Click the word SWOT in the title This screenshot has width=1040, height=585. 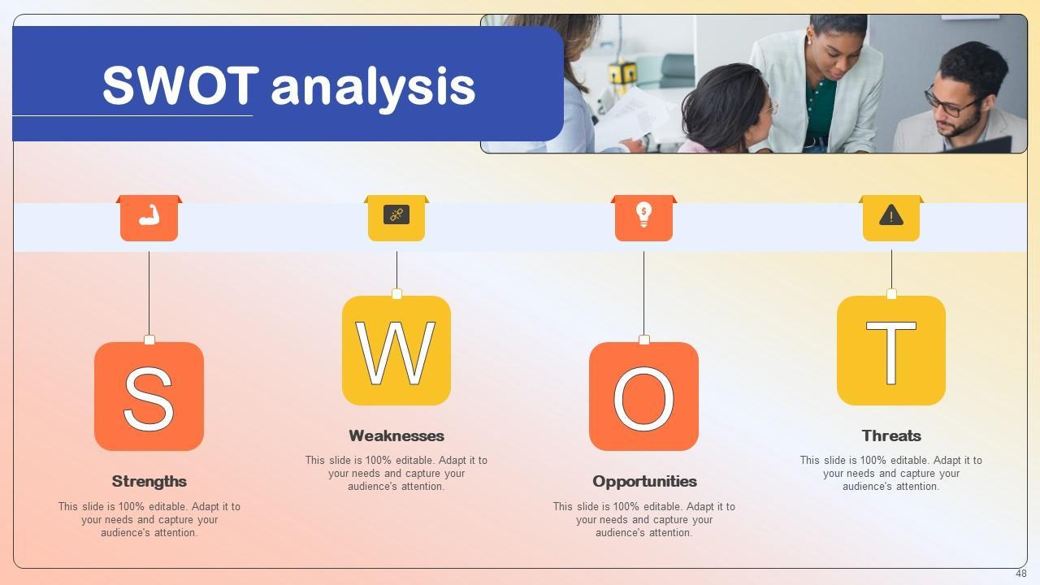point(180,85)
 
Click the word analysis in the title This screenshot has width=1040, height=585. point(373,89)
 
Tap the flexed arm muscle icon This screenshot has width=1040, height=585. point(149,215)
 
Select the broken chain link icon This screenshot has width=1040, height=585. point(396,214)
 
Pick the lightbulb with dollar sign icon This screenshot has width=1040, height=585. point(643,214)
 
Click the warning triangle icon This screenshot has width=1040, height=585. point(891,215)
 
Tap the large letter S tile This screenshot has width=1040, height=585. point(149,396)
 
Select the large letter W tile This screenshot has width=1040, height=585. point(396,350)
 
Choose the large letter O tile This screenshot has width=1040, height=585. point(644,396)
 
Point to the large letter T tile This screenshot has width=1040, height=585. point(891,350)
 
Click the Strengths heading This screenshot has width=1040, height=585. point(149,482)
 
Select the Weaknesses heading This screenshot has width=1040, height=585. point(396,436)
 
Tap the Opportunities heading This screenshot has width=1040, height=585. point(644,482)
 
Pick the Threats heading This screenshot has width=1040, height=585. point(891,436)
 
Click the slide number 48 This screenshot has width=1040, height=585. point(1021,574)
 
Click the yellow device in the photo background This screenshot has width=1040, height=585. point(622,73)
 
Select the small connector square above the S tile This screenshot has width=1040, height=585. point(149,340)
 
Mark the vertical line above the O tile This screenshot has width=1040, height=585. point(643,293)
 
